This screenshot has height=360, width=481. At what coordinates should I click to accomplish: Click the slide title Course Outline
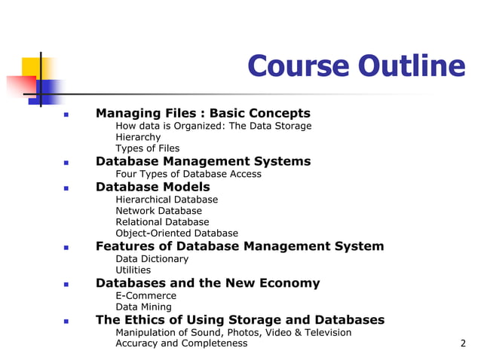click(x=356, y=66)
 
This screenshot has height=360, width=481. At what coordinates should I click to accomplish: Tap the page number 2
click(x=463, y=343)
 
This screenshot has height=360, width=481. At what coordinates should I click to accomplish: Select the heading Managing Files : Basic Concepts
click(x=203, y=113)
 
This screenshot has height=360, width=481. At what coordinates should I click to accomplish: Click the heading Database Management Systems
click(x=203, y=161)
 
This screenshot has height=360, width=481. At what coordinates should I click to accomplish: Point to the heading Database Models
click(x=152, y=187)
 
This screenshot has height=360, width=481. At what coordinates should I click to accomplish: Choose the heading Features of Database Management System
click(x=240, y=246)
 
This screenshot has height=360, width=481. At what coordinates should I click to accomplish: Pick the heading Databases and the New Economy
click(x=207, y=283)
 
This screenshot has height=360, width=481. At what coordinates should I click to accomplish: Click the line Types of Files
click(x=147, y=148)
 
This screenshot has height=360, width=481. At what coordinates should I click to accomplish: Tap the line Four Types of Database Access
click(x=188, y=174)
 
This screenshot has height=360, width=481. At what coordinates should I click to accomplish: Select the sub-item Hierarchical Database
click(x=167, y=200)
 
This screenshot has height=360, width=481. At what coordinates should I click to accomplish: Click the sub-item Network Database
click(x=158, y=211)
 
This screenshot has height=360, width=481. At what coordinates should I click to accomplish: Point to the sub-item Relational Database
click(x=162, y=222)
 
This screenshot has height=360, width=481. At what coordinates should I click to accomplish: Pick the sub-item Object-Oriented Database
click(x=176, y=233)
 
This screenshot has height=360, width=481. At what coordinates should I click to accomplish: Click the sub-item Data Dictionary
click(x=152, y=258)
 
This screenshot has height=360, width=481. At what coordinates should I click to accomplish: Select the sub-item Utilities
click(x=133, y=270)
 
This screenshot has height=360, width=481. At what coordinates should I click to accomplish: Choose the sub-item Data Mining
click(x=143, y=307)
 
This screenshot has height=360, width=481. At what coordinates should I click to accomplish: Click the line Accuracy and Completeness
click(x=181, y=343)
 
